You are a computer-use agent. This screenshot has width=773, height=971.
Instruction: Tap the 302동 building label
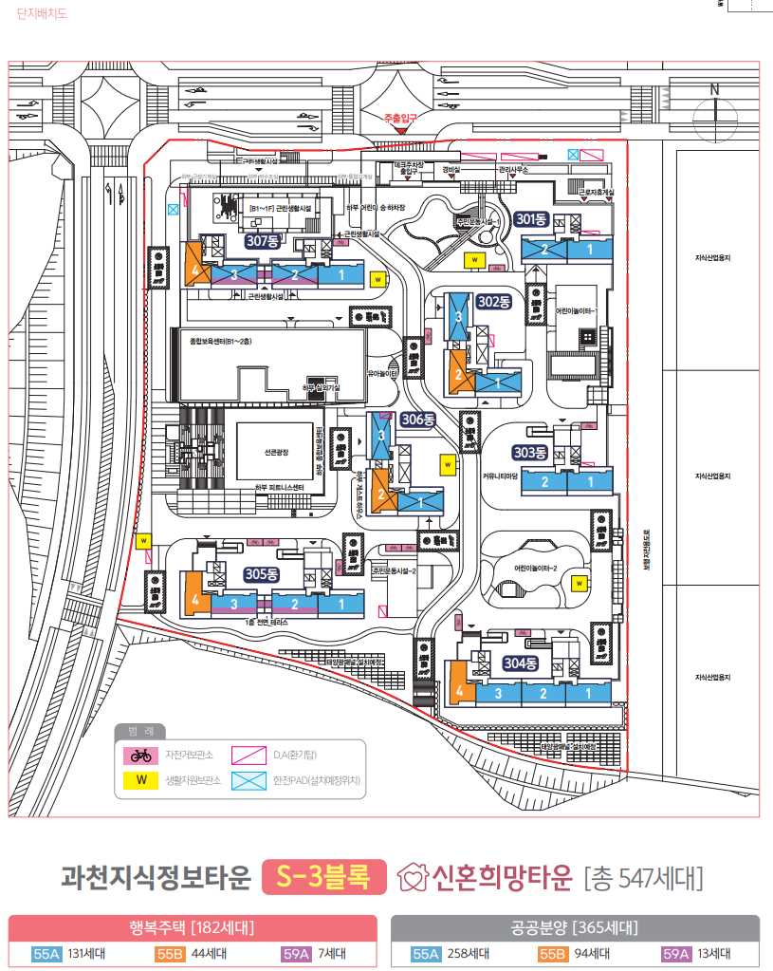pyautogui.click(x=493, y=302)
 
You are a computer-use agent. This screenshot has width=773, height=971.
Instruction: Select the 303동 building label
pyautogui.click(x=531, y=452)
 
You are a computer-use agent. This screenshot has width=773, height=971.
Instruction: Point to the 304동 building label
pyautogui.click(x=520, y=663)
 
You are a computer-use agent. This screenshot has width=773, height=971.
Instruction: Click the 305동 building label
pyautogui.click(x=261, y=574)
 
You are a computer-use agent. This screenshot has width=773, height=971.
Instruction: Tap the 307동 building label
pyautogui.click(x=262, y=241)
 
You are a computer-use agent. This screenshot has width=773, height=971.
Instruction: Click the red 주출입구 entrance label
pyautogui.click(x=400, y=119)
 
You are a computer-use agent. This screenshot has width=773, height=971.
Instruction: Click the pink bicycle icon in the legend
pyautogui.click(x=141, y=756)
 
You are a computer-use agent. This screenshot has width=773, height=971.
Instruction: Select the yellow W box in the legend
pyautogui.click(x=141, y=781)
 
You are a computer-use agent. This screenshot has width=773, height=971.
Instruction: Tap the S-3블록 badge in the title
pyautogui.click(x=323, y=876)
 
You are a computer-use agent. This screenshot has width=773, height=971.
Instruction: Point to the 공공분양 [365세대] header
pyautogui.click(x=575, y=927)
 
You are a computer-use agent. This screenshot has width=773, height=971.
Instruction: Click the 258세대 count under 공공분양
pyautogui.click(x=468, y=954)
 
